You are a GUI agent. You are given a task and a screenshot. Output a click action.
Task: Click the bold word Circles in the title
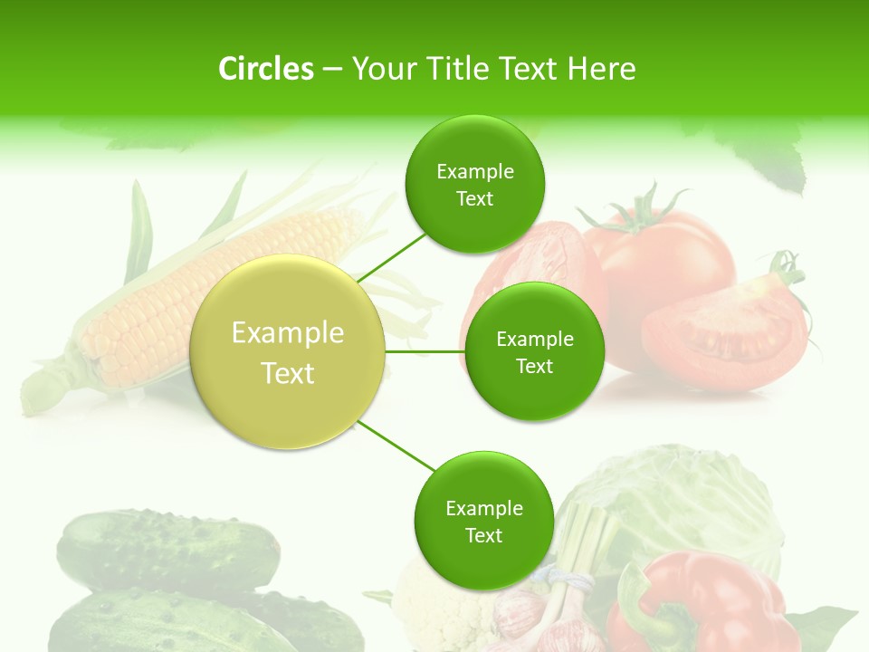point(266,69)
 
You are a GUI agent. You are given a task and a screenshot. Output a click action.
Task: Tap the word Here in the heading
point(601,69)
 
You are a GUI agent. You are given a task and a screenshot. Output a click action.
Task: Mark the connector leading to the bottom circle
point(396,446)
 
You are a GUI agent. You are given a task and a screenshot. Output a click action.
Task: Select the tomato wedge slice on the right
point(724,335)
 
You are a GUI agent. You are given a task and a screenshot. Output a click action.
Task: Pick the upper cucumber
point(167,548)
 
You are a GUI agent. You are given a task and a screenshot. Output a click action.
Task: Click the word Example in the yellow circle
point(288,333)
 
